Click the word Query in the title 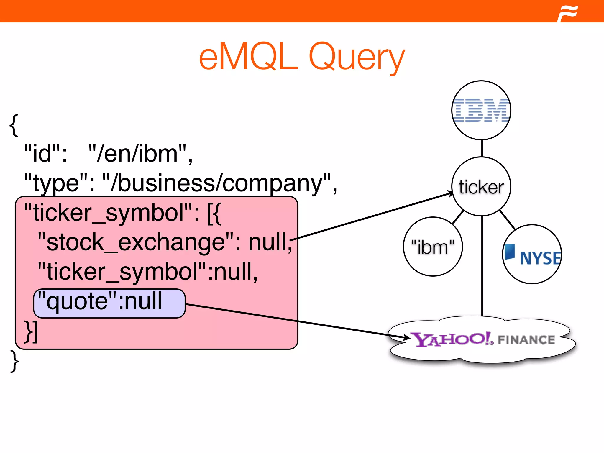[x=357, y=58]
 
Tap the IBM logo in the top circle [x=481, y=110]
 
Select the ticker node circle [x=481, y=187]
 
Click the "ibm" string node [x=433, y=247]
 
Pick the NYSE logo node [x=532, y=254]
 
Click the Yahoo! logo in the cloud [x=451, y=339]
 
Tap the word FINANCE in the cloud [x=526, y=340]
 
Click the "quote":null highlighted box [x=109, y=303]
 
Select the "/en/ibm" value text [x=140, y=153]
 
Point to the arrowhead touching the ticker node [x=450, y=193]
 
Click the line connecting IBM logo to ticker [x=482, y=148]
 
